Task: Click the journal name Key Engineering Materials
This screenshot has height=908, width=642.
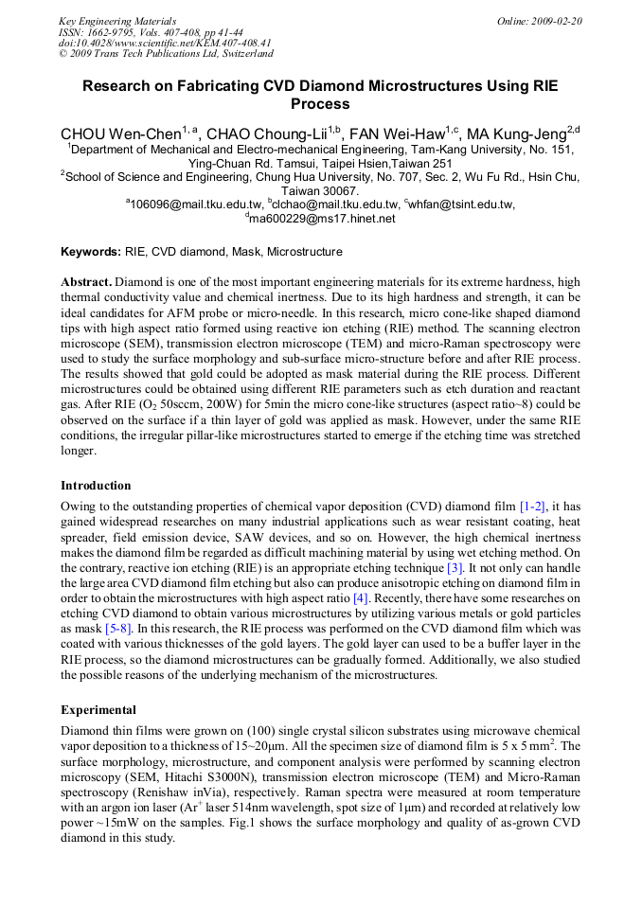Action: click(116, 20)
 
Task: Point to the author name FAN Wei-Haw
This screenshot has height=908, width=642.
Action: click(406, 133)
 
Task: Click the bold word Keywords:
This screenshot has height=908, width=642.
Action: click(91, 252)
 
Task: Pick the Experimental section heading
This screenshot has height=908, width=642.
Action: click(98, 709)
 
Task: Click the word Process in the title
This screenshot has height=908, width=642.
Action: click(320, 104)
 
